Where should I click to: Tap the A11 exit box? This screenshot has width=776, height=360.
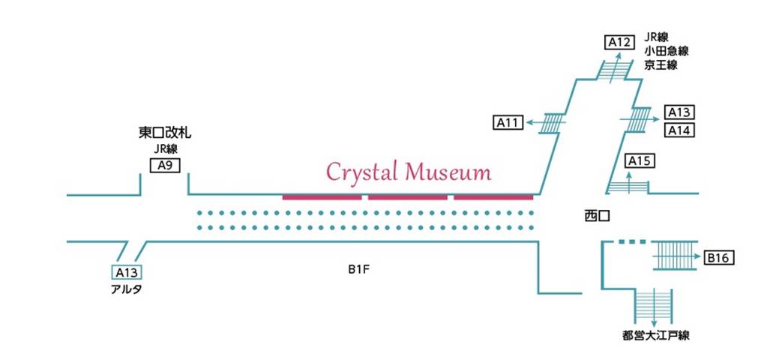[508, 122]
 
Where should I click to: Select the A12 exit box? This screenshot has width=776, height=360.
[619, 42]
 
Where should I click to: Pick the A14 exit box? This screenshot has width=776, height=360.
[679, 130]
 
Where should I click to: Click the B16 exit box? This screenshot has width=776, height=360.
[718, 259]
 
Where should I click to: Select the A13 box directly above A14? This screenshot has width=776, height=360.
[679, 112]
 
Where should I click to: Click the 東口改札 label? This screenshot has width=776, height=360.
[165, 133]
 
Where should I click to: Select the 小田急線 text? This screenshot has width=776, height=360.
[666, 51]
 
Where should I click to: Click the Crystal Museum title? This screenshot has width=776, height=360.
[409, 172]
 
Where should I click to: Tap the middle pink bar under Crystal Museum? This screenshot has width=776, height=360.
[407, 197]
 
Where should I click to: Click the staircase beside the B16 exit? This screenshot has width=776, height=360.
[675, 256]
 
